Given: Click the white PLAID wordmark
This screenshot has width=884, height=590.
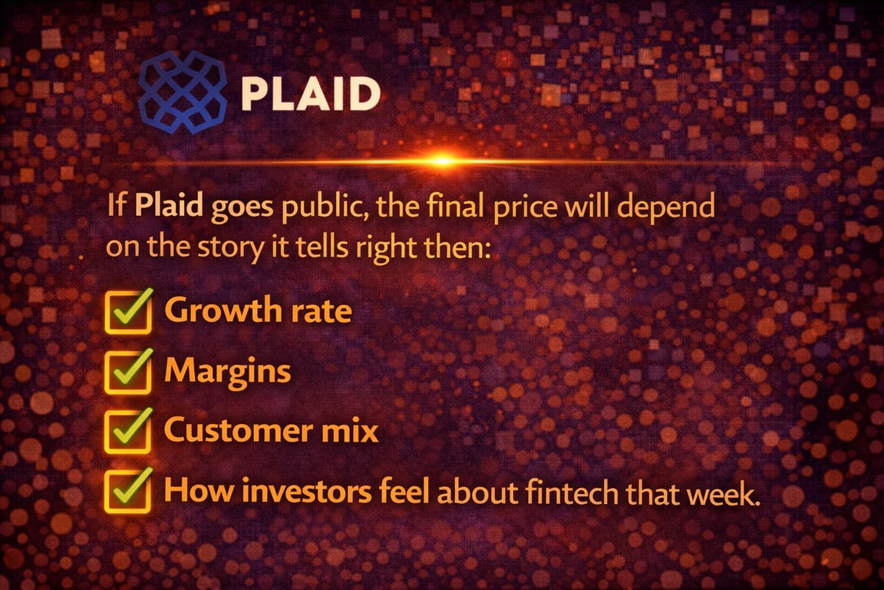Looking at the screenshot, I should point(310,94).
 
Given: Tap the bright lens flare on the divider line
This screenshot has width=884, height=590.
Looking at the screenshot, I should point(441,161).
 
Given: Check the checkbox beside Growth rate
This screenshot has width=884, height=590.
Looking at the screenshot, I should point(127,312).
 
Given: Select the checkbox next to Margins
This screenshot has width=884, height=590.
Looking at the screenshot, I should point(127,372).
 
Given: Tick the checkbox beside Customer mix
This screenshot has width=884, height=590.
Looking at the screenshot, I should point(127,431).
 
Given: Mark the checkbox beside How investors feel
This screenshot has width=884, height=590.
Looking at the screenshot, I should point(127,491).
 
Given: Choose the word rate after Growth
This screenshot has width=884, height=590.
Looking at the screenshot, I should point(321,312).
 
